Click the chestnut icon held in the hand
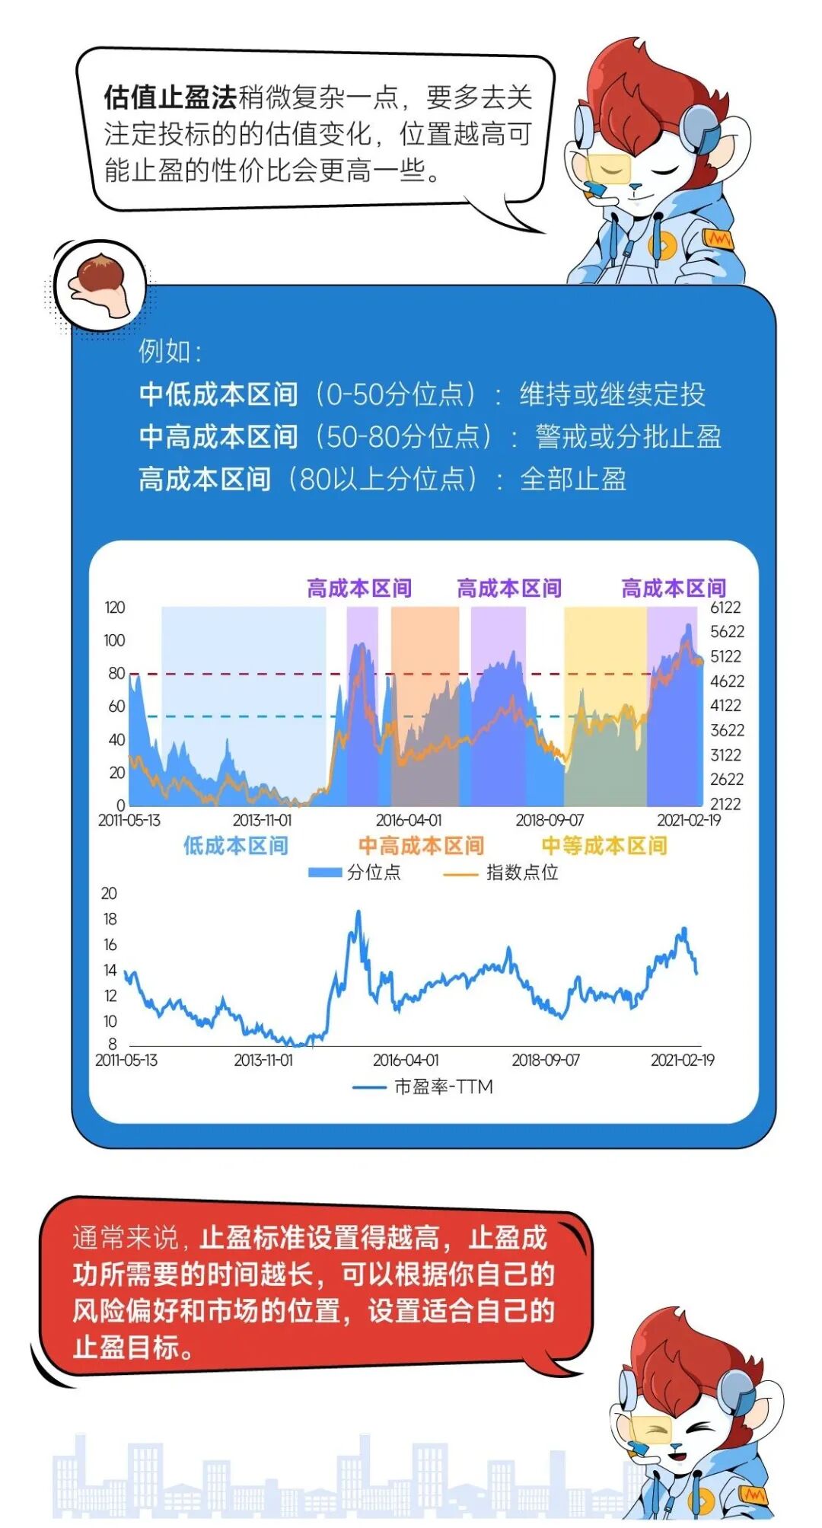pyautogui.click(x=97, y=275)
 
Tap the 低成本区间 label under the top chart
pyautogui.click(x=235, y=845)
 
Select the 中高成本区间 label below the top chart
pyautogui.click(x=421, y=845)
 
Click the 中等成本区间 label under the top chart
pyautogui.click(x=604, y=845)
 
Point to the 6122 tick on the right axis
pyautogui.click(x=725, y=607)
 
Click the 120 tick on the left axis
pyautogui.click(x=115, y=608)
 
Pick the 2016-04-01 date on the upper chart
pyautogui.click(x=409, y=820)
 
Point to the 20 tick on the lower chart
pyautogui.click(x=109, y=893)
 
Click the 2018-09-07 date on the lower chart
pyautogui.click(x=546, y=1060)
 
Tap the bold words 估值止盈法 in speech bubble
pyautogui.click(x=170, y=98)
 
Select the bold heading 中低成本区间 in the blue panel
pyautogui.click(x=218, y=394)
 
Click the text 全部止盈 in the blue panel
pyautogui.click(x=573, y=479)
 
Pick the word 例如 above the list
pyautogui.click(x=164, y=351)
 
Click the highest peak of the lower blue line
pyautogui.click(x=358, y=912)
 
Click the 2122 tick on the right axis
pyautogui.click(x=725, y=804)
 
